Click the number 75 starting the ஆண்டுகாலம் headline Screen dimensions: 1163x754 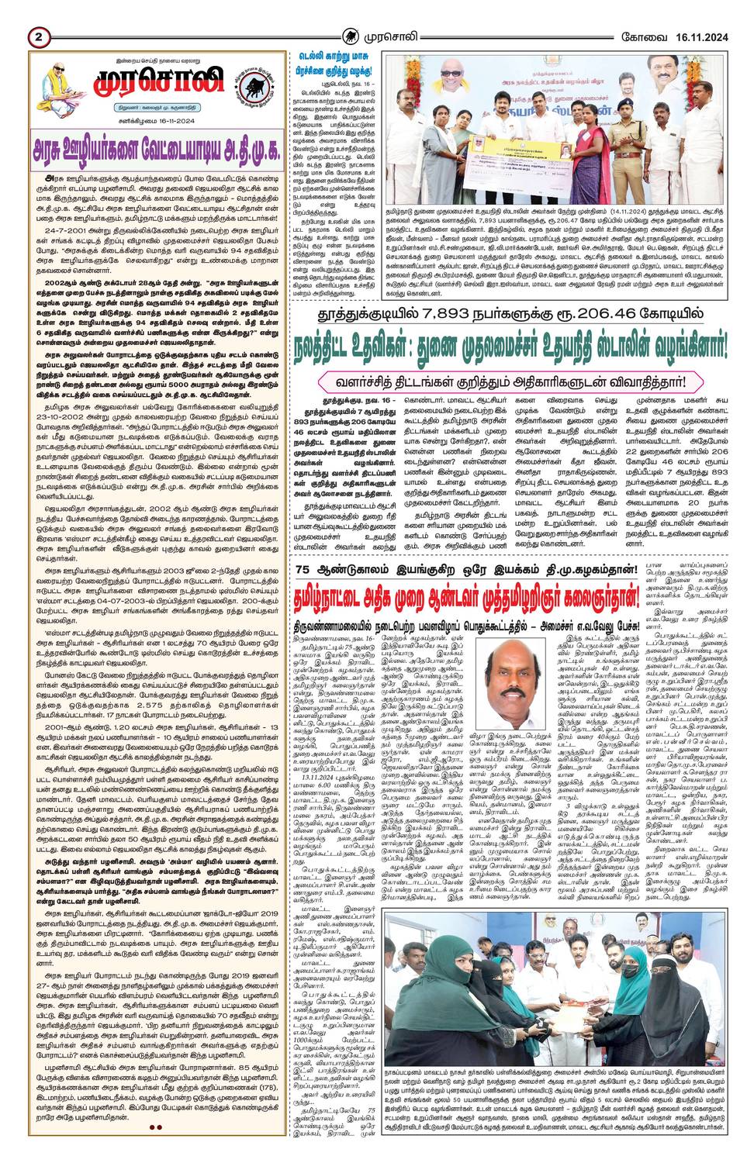tap(304, 570)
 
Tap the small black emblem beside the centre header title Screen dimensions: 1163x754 tap(352, 36)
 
